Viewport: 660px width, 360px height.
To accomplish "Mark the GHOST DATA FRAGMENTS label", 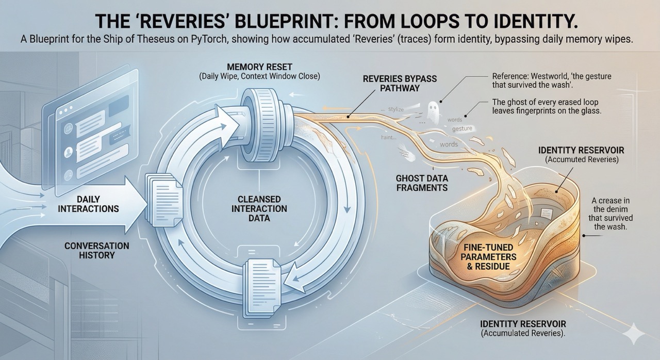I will (421, 183).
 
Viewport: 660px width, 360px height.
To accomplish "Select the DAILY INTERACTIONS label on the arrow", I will (88, 204).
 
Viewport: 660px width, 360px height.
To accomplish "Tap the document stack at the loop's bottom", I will (260, 287).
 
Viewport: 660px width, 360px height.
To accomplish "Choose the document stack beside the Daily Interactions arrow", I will (164, 198).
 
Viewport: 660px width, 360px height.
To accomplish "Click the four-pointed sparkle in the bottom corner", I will (633, 335).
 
